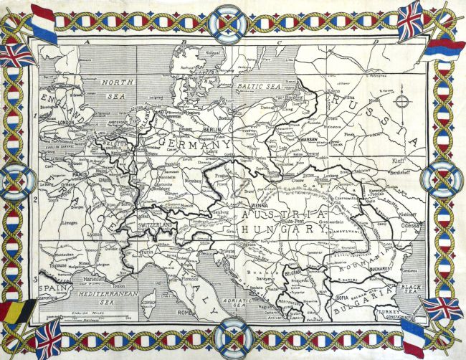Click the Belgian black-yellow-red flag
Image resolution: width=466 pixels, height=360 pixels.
[x=16, y=309]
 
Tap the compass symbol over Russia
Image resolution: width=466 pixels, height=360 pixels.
[x=401, y=101]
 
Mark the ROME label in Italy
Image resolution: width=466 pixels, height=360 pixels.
[x=185, y=312]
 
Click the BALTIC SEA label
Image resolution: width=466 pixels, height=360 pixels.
[x=256, y=85]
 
